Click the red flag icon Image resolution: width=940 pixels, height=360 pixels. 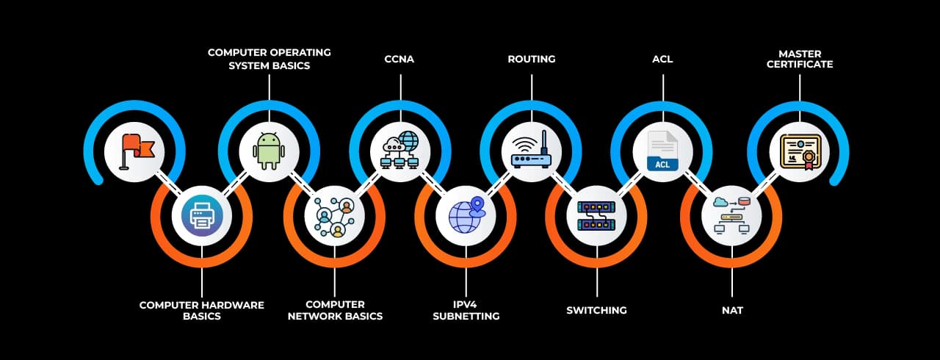pos(134,151)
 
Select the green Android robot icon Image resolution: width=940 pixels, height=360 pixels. pos(269,151)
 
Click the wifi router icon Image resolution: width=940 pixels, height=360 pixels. pos(531,151)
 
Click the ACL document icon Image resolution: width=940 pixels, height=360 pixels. pos(662,151)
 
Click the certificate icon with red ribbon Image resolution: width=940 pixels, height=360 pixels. pos(799,151)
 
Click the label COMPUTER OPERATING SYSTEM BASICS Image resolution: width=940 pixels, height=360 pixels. pos(269,59)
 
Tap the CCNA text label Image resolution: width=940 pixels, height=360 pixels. pos(399,59)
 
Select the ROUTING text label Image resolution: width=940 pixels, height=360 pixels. pos(531,59)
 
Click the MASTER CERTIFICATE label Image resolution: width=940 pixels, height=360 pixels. pos(800,59)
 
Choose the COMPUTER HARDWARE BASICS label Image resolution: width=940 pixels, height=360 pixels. pos(201,310)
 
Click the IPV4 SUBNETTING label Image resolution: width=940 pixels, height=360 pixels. pos(466,310)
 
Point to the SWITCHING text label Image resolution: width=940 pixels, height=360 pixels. pos(596,310)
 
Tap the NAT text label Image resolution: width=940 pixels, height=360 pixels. pos(732,310)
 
